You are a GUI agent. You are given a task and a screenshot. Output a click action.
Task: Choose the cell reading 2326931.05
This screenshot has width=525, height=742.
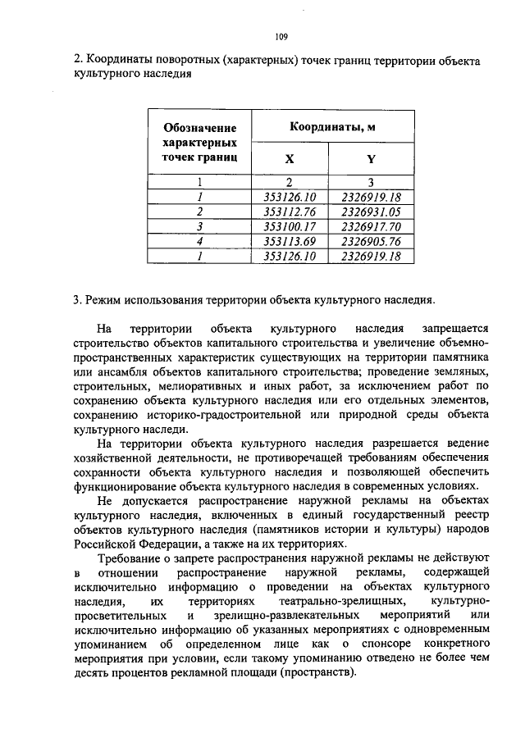click(370, 212)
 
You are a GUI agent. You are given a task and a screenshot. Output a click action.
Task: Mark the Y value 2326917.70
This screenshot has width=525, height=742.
click(370, 226)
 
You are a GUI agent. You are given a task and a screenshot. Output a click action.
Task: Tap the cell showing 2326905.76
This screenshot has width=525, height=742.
click(370, 241)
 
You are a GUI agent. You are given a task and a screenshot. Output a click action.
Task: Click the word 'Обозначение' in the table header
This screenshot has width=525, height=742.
click(200, 127)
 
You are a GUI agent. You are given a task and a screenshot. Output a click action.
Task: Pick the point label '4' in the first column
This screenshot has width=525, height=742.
click(199, 241)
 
